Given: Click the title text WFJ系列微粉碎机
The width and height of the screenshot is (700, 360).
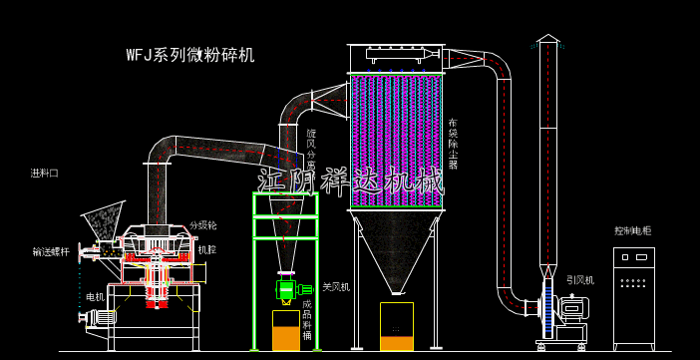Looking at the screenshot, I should [x=189, y=55].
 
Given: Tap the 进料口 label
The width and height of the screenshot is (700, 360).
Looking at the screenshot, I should [x=44, y=174].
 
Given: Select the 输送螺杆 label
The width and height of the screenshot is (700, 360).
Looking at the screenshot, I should [x=51, y=252].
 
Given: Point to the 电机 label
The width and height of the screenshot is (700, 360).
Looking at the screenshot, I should [x=95, y=297].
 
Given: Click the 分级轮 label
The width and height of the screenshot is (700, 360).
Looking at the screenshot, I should [x=202, y=225].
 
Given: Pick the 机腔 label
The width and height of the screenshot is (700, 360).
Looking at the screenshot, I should [x=206, y=250].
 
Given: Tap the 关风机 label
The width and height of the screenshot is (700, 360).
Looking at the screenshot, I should [x=335, y=287].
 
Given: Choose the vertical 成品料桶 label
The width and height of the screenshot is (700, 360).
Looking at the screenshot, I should [x=307, y=320].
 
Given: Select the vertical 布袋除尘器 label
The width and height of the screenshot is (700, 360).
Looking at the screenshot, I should [x=453, y=144].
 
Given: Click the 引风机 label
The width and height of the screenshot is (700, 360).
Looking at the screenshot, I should [x=579, y=280].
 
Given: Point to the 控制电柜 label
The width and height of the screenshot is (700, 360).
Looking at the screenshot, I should [x=632, y=231].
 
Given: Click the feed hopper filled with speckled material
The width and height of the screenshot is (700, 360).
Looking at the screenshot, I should [x=102, y=221].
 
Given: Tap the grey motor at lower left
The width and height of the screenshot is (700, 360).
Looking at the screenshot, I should [x=99, y=318].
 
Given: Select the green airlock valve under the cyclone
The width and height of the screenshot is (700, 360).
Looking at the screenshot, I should [x=287, y=290].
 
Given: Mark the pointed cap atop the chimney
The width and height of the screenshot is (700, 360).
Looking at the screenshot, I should [x=547, y=38].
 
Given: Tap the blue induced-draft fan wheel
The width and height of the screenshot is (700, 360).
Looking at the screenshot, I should [x=547, y=308].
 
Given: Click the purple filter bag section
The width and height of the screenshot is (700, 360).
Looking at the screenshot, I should [x=396, y=140].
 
